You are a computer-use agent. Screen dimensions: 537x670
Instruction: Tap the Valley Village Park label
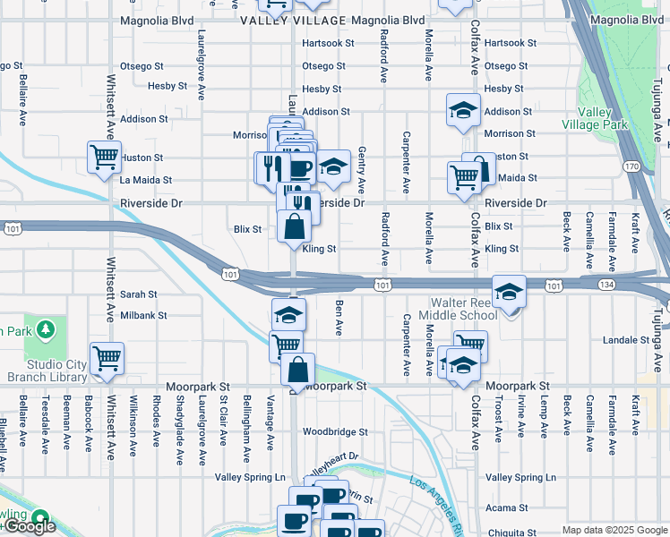[x=589, y=118]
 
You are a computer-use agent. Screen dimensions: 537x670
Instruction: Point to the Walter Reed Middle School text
[x=463, y=309]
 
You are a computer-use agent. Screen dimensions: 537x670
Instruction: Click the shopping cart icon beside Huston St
[x=105, y=157]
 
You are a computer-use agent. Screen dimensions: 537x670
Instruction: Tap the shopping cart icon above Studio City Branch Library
[x=107, y=358]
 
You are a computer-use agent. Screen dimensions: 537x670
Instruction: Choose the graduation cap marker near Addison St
[x=464, y=110]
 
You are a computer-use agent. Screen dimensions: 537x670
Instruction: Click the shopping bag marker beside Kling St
[x=295, y=227]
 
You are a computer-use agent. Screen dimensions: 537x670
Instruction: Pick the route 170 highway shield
[x=632, y=166]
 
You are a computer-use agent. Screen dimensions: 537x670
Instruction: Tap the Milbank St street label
[x=143, y=316]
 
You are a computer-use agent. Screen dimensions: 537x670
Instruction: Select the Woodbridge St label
[x=335, y=431]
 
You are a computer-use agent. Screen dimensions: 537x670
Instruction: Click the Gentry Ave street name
[x=362, y=170]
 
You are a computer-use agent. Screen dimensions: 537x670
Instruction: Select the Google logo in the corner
[x=30, y=527]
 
